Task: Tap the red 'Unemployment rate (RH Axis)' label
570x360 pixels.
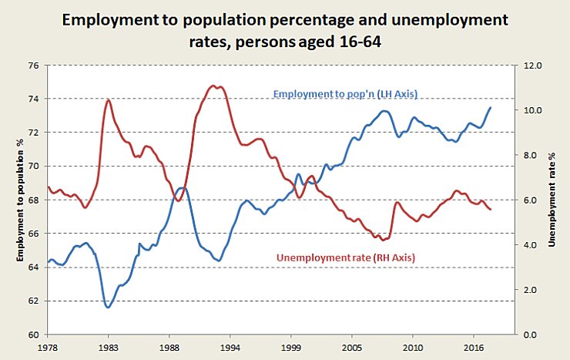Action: point(345,257)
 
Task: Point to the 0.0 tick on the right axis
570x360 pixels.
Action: point(531,335)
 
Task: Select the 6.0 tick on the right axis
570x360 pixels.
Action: point(531,200)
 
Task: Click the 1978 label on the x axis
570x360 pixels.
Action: point(48,349)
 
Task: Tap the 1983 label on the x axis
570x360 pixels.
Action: point(109,349)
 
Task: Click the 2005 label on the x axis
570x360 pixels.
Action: point(352,349)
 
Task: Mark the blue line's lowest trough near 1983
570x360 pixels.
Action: point(108,307)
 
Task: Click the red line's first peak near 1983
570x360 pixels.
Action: point(108,100)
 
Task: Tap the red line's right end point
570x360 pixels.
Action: point(491,210)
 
